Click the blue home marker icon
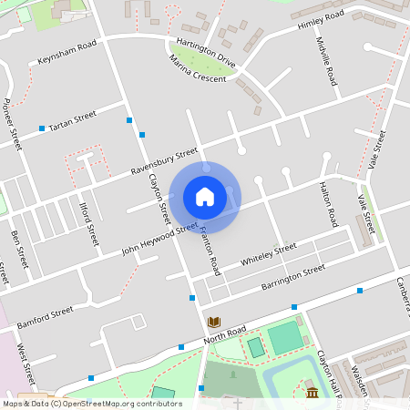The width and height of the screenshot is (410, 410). pos(205,197)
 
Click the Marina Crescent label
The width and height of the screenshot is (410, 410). pos(197,70)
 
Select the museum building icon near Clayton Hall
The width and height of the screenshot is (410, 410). pos(312,393)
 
